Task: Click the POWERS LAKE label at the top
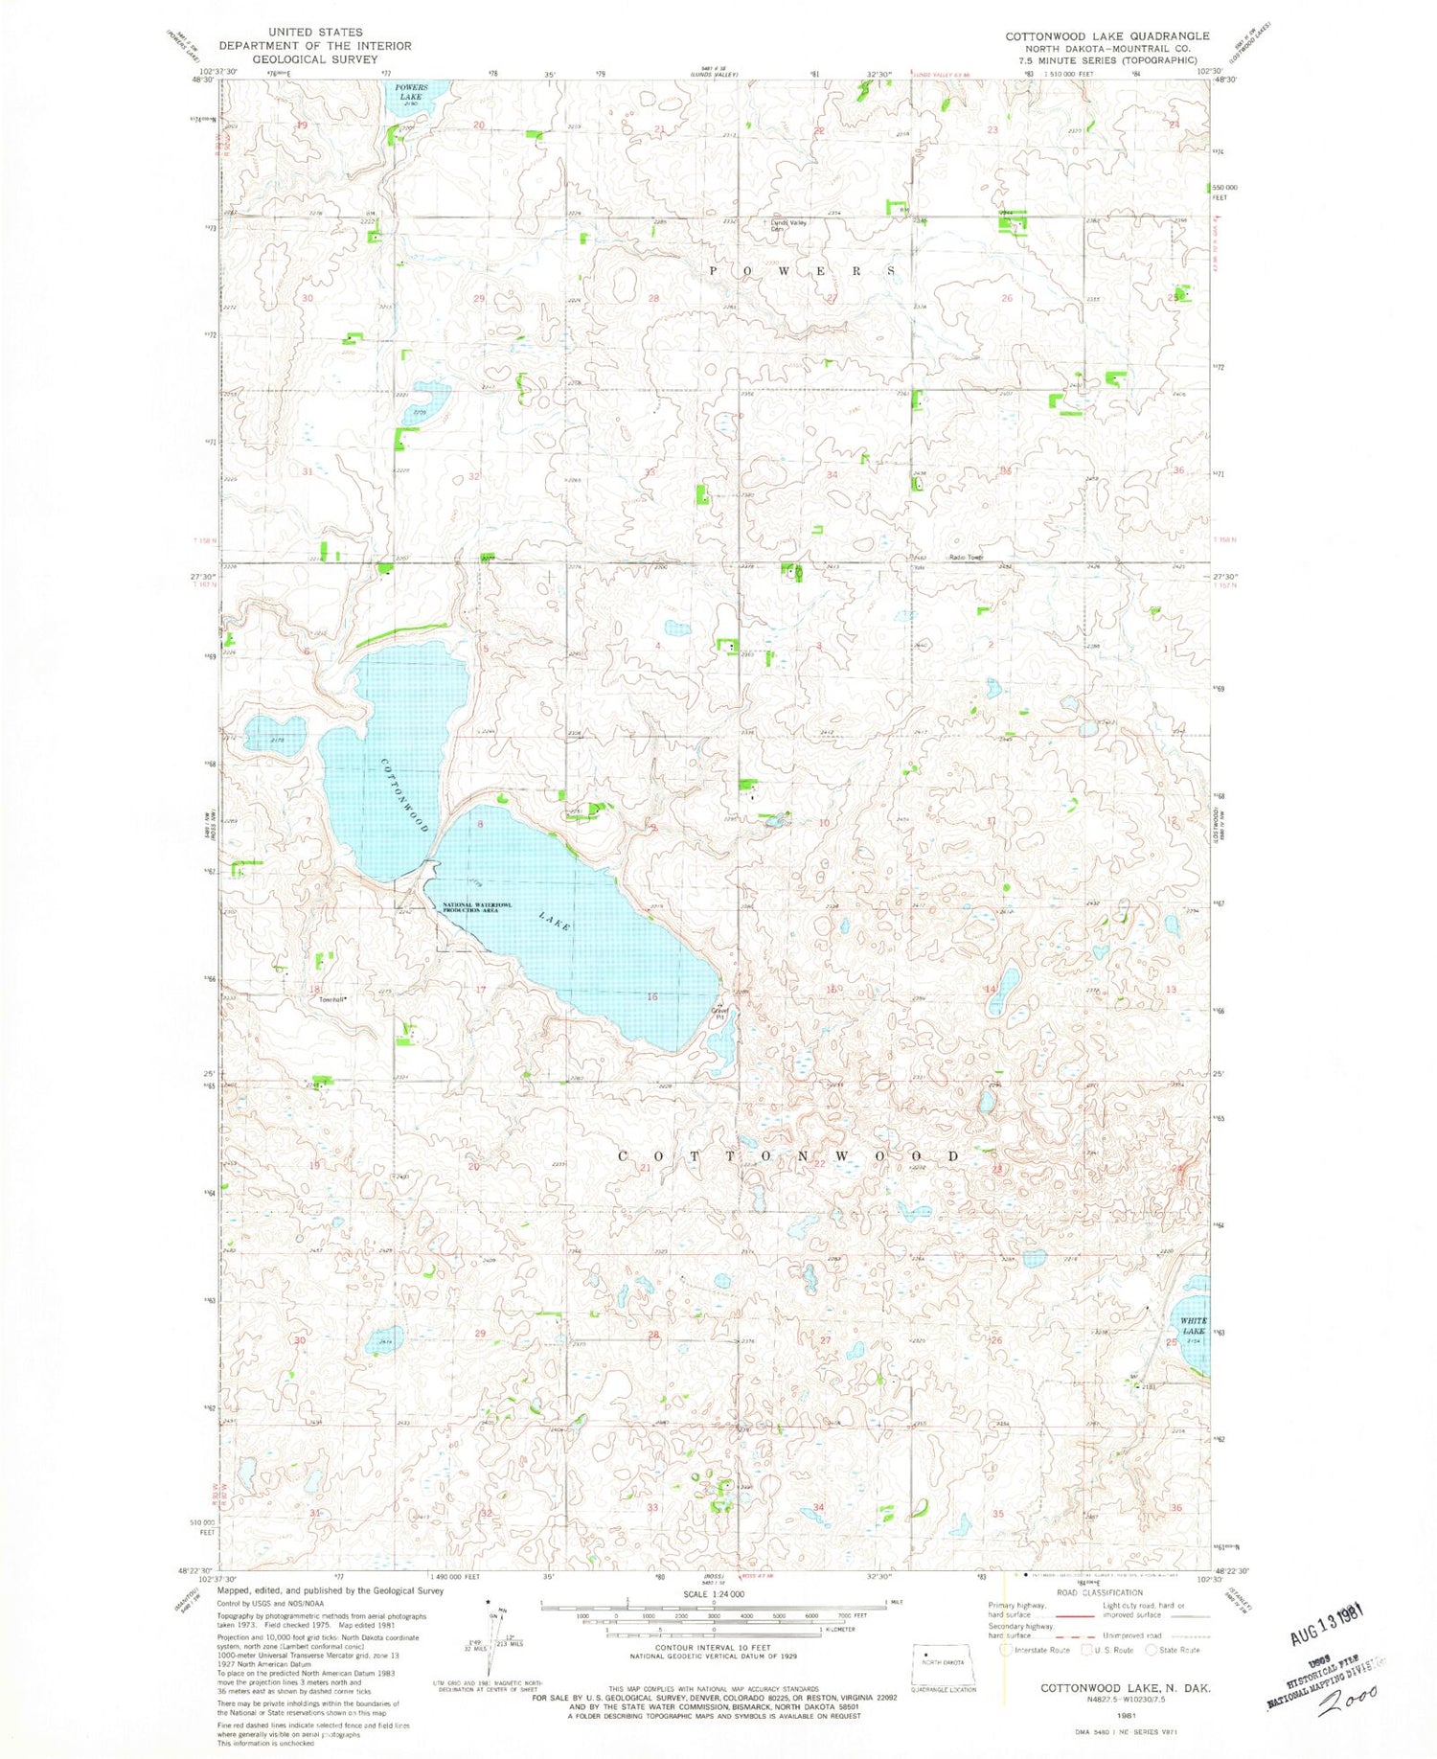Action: [409, 92]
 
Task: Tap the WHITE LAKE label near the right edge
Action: [1193, 1326]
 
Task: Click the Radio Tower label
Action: [966, 558]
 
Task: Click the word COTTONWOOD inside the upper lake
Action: [403, 794]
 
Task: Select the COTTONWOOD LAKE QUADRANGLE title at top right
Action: [1106, 36]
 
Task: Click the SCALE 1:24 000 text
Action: [713, 1594]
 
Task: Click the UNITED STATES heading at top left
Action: [315, 32]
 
